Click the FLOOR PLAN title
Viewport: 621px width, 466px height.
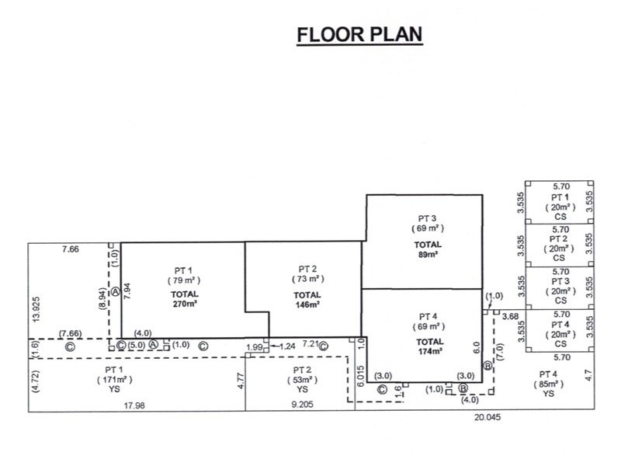point(359,34)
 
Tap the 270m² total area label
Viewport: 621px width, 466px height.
point(185,304)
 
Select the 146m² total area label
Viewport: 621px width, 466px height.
point(307,304)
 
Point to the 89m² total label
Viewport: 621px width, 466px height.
point(428,255)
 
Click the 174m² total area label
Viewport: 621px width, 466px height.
point(430,351)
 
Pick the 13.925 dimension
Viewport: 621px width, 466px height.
point(36,309)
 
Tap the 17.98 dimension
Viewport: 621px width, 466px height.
point(134,405)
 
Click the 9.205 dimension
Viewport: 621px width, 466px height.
point(302,404)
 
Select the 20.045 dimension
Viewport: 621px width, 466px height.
point(487,417)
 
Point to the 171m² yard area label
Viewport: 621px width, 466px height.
point(115,380)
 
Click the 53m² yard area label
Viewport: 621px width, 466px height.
point(302,380)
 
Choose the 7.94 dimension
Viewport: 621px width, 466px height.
point(127,290)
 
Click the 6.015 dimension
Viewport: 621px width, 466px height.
point(360,377)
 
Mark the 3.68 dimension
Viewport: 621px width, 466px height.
point(510,316)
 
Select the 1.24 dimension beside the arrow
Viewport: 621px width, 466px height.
point(287,346)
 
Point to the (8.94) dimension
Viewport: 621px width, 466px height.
point(103,298)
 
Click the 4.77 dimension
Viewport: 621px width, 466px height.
point(241,381)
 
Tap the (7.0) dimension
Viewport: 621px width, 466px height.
point(499,353)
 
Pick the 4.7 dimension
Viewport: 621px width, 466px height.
point(588,375)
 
